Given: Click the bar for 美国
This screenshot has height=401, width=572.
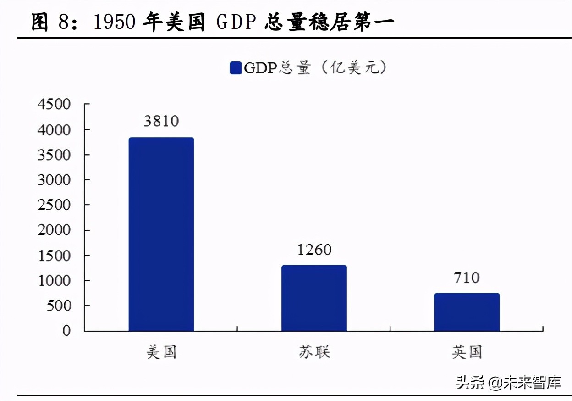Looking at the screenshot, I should [161, 234].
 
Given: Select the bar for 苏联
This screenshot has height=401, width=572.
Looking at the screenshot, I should [314, 298].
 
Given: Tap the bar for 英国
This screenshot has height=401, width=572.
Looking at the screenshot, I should [467, 312].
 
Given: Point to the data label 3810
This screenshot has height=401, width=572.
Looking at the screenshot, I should [161, 121].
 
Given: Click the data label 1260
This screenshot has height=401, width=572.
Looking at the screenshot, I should [314, 250].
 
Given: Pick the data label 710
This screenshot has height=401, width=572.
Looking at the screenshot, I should [467, 277].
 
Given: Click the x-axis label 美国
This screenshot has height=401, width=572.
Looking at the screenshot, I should [161, 352].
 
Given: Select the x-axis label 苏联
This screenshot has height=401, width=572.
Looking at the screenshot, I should [314, 352].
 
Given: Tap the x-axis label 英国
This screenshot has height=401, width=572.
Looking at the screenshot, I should [467, 352].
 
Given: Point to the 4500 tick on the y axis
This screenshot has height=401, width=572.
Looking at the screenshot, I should [54, 105].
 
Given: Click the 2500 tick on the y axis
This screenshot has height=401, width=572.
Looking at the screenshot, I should [54, 205].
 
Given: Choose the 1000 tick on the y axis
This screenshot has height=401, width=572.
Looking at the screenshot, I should [54, 280].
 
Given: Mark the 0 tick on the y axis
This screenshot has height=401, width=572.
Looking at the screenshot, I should [66, 330].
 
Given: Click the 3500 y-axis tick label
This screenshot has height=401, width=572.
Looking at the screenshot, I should [54, 155].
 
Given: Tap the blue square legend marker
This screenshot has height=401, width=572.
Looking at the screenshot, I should [236, 68].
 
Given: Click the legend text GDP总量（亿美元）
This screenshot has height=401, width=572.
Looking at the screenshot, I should [316, 68].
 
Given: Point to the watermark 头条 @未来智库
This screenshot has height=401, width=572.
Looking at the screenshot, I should [508, 382].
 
